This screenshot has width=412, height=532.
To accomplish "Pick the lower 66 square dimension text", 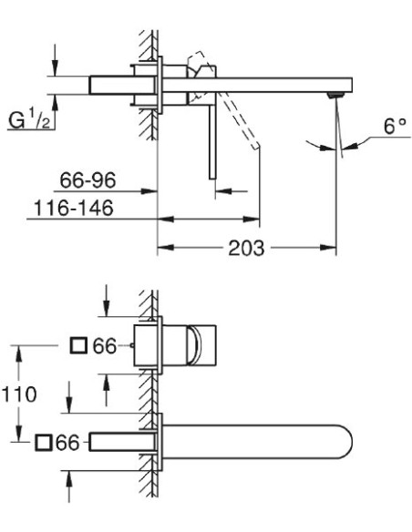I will click(68, 443).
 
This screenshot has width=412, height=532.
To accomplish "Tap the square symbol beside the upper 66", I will click(79, 345).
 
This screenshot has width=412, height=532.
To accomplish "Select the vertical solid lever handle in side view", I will click(212, 137).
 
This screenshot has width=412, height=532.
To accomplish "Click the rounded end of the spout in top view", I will click(340, 443).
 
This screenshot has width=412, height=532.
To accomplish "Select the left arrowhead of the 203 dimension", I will click(164, 248).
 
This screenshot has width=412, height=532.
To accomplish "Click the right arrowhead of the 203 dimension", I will click(331, 248).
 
